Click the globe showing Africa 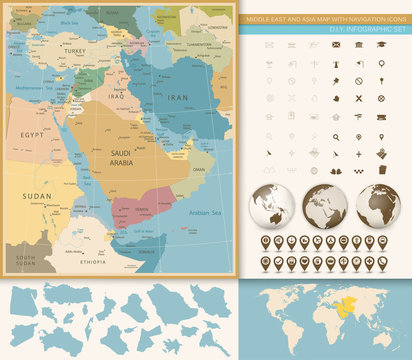click(378, 207)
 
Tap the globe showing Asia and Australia click(272, 207)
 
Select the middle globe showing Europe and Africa click(325, 207)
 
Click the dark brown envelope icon click(336, 45)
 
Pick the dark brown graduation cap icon click(381, 45)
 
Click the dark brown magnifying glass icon click(336, 137)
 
